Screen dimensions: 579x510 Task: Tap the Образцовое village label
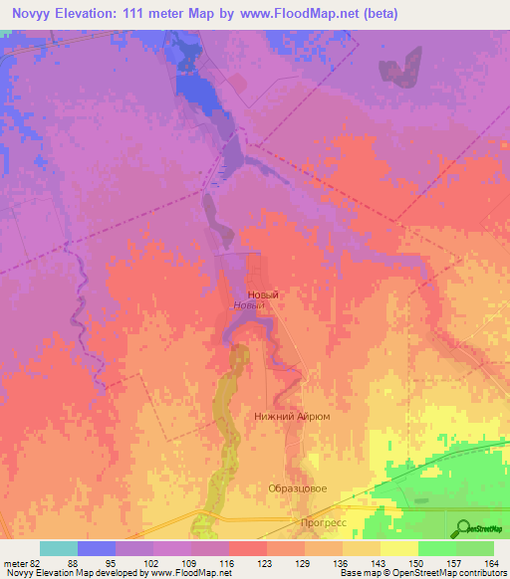298,488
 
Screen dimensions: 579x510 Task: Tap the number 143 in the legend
380,563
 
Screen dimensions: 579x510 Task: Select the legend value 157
455,563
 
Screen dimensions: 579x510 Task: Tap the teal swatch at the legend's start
59,548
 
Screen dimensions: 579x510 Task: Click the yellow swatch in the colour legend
398,548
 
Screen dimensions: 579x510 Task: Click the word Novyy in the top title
33,13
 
